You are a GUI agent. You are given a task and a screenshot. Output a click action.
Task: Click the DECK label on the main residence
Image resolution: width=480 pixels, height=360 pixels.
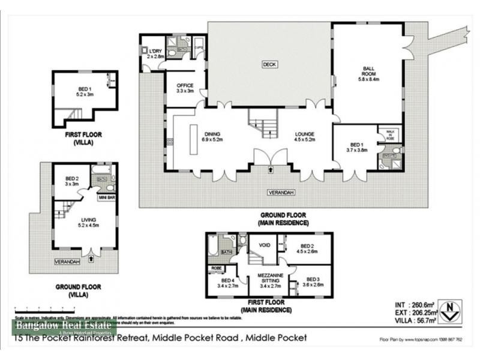(x=268, y=64)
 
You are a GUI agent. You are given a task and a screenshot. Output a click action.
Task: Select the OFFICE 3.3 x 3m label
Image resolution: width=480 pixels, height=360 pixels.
(x=185, y=88)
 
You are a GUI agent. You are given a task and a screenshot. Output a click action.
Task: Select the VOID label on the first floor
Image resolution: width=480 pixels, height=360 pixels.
(x=263, y=245)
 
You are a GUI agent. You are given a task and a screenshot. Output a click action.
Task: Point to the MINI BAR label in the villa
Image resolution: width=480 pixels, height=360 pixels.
(x=107, y=196)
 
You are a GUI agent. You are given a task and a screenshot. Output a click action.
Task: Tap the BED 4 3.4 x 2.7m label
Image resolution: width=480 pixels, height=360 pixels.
(x=228, y=283)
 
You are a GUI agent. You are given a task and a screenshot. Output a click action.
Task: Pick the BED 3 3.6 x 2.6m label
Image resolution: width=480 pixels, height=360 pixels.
(x=313, y=282)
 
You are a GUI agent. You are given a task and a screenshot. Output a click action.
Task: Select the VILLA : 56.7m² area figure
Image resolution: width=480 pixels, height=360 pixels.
(x=412, y=321)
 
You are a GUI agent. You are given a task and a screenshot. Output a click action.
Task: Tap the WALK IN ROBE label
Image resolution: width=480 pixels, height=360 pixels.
(x=389, y=135)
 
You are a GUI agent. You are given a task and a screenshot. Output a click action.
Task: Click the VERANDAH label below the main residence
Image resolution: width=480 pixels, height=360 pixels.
(x=280, y=193)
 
